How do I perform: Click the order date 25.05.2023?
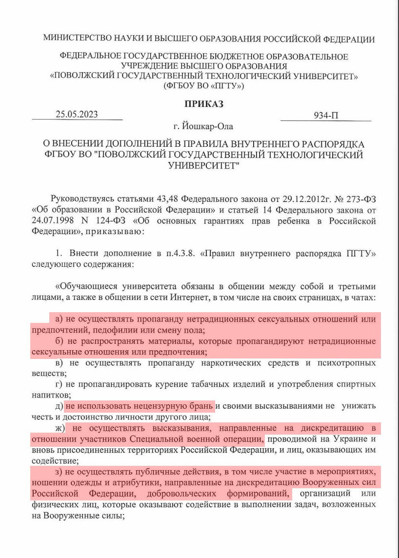(77, 115)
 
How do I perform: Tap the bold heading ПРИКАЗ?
(203, 103)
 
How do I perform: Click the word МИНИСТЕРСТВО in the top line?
(76, 39)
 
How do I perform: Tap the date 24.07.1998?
(52, 221)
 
